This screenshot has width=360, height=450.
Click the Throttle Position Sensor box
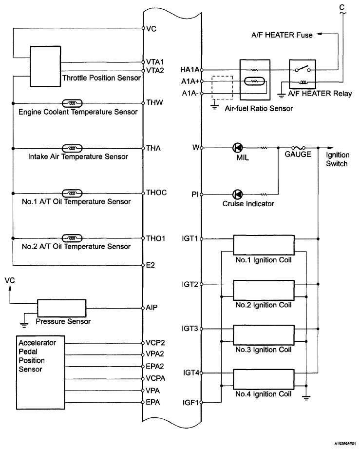pos(45,62)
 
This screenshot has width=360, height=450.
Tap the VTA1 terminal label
pos(156,62)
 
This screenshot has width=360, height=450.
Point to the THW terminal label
pos(155,103)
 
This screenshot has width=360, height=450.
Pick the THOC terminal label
pos(156,193)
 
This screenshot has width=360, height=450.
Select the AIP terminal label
pos(152,308)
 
